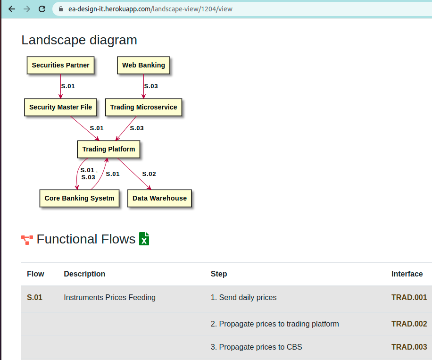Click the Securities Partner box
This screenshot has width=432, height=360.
[x=60, y=66]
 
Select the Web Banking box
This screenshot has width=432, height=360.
[x=143, y=66]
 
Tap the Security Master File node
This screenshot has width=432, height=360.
[x=60, y=107]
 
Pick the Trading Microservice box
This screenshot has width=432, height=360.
[x=143, y=107]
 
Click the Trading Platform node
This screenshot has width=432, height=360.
[x=108, y=149]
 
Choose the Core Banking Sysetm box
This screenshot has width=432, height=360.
[x=79, y=198]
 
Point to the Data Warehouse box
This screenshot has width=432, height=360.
[x=159, y=198]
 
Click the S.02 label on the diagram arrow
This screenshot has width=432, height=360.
[x=149, y=174]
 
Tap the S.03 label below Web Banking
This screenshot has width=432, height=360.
[x=151, y=86]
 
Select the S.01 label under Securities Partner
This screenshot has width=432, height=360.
[x=68, y=86]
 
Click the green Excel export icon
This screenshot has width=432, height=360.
[x=144, y=239]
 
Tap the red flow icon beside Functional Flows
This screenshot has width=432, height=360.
[x=27, y=240]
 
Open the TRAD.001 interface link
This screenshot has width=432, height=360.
[x=409, y=297]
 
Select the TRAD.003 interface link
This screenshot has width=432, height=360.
[x=409, y=347]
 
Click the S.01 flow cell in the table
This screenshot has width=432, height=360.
[x=34, y=297]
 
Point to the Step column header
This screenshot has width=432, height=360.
[x=219, y=274]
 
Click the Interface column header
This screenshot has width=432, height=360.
[x=407, y=274]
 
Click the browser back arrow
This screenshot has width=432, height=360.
[x=12, y=9]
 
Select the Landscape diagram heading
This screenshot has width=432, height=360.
[x=79, y=40]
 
